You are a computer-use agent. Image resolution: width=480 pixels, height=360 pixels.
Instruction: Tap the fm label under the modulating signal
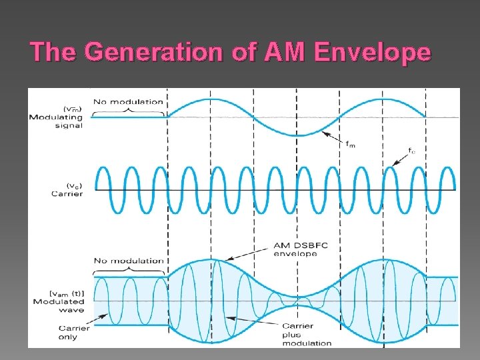tap(350, 143)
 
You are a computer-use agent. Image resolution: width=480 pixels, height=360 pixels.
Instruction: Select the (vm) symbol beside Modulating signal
tap(72, 109)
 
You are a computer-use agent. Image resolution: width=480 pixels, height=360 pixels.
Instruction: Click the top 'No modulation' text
tap(128, 102)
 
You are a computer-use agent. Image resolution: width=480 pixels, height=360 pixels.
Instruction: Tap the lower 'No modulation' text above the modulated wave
tap(129, 261)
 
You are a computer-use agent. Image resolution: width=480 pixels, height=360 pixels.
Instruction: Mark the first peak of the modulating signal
tap(210, 99)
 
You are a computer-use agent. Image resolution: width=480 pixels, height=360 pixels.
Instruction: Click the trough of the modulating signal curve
tap(297, 136)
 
